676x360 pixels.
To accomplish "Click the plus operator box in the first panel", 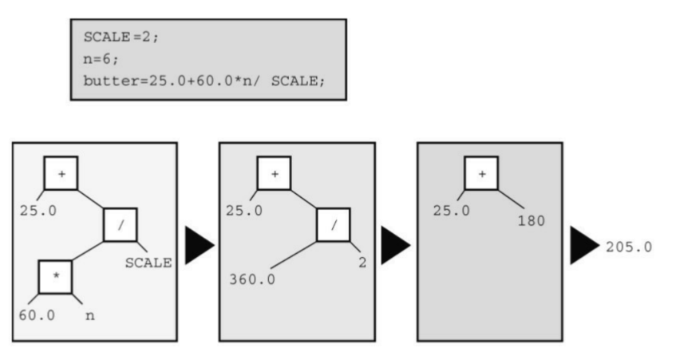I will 61,172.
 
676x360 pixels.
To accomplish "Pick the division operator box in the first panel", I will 121,225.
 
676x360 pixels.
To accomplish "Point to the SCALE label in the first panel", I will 148,262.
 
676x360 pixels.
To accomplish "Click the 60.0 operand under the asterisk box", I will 37,315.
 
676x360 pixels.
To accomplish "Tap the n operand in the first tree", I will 90,315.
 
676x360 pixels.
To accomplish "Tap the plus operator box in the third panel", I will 481,172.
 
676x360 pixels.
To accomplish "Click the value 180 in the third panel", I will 530,220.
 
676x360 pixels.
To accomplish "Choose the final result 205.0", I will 629,247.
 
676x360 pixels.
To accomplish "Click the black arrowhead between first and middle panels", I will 200,244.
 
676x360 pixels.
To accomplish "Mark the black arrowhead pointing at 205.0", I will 583,244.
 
